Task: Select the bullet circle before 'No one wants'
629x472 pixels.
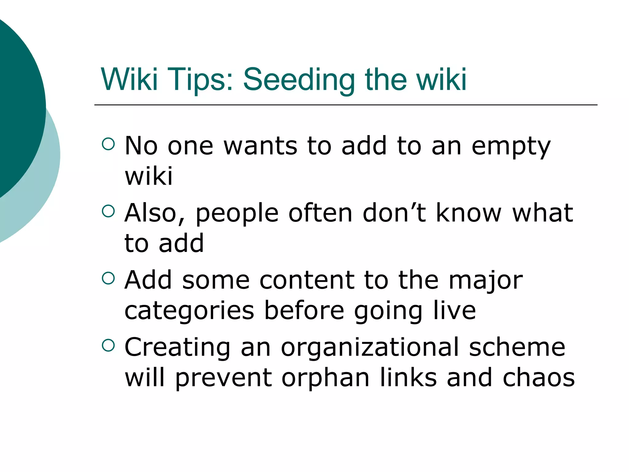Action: tap(108, 144)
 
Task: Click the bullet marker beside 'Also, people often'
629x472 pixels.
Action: tap(108, 211)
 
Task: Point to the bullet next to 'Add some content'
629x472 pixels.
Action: tap(108, 278)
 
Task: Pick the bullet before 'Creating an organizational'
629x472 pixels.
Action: tap(108, 345)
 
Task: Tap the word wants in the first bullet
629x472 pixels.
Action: tap(260, 146)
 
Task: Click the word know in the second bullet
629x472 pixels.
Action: tap(469, 213)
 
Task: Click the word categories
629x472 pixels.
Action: tap(189, 311)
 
